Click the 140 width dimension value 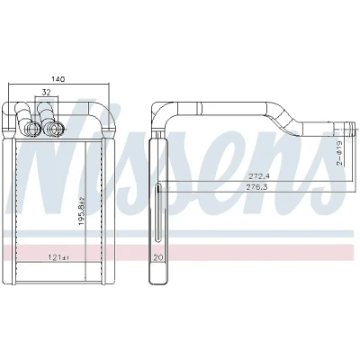(x=58, y=79)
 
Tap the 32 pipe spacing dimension (x=46, y=93)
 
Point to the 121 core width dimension (x=58, y=257)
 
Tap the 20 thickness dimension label (x=157, y=257)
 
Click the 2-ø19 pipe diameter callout (x=339, y=153)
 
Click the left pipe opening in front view (x=32, y=130)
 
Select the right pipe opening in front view (x=55, y=129)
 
